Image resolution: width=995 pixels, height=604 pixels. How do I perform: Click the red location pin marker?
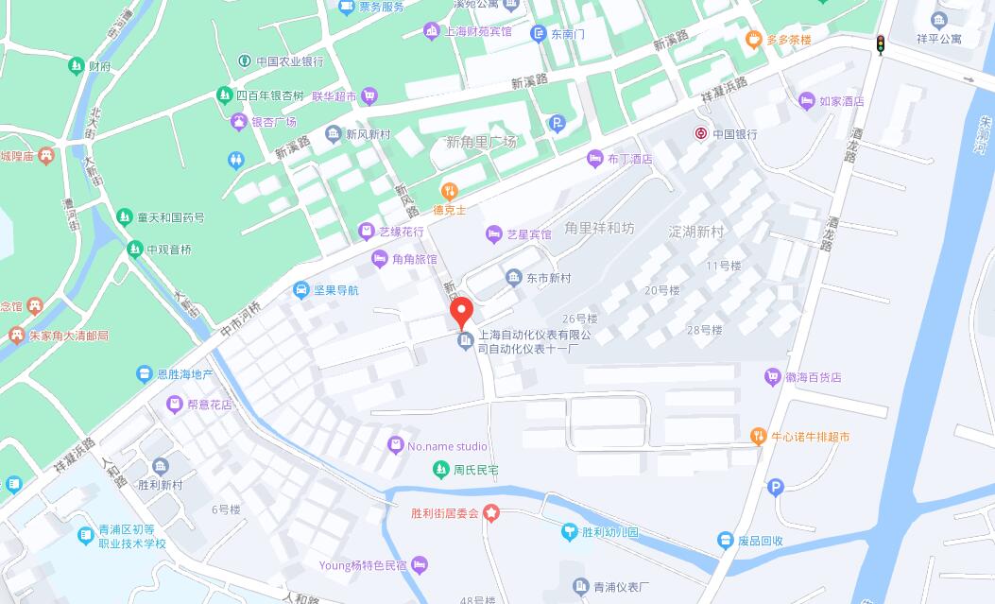460,312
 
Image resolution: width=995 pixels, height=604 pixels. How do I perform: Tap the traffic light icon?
881,44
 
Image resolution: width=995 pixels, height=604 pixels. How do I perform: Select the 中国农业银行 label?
289,61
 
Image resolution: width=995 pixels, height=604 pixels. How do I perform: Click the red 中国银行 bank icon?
701,134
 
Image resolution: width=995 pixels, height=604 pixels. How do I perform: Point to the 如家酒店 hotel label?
841,101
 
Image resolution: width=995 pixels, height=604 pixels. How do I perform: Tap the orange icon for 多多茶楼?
753,40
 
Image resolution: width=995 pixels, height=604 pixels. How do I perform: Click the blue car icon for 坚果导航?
300,290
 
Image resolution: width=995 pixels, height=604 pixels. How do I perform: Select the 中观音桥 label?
168,250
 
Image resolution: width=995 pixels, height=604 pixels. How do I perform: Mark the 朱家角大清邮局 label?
68,336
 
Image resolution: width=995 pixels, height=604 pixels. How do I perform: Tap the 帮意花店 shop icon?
175,405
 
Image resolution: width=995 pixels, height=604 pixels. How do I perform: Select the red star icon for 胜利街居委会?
491,513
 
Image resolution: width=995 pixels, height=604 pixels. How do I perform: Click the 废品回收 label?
761,541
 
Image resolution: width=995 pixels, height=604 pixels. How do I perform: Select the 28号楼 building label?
705,330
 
